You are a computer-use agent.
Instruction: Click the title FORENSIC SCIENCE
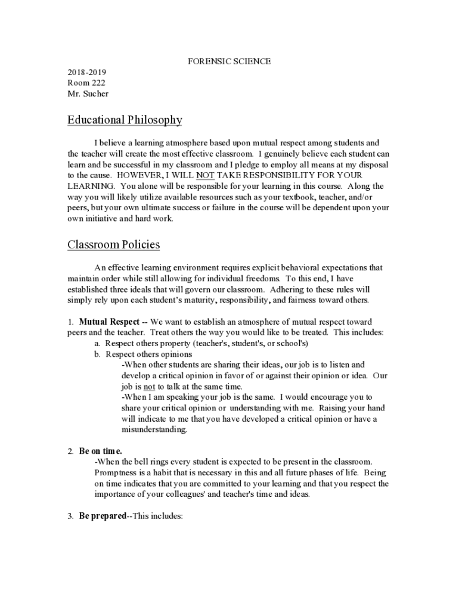[x=229, y=62]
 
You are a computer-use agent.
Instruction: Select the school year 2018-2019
[x=86, y=73]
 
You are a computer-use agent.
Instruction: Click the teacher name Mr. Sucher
[x=88, y=94]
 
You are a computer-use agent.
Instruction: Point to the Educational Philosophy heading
[x=125, y=120]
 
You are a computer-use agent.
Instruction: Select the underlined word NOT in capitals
[x=205, y=176]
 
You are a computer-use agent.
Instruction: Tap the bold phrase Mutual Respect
[x=109, y=322]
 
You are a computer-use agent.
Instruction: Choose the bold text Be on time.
[x=100, y=452]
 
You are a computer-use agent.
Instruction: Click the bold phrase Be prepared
[x=103, y=516]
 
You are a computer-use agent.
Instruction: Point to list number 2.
[x=70, y=452]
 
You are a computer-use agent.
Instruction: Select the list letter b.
[x=97, y=354]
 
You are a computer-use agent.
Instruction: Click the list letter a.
[x=97, y=344]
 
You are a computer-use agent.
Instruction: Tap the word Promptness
[x=116, y=473]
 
